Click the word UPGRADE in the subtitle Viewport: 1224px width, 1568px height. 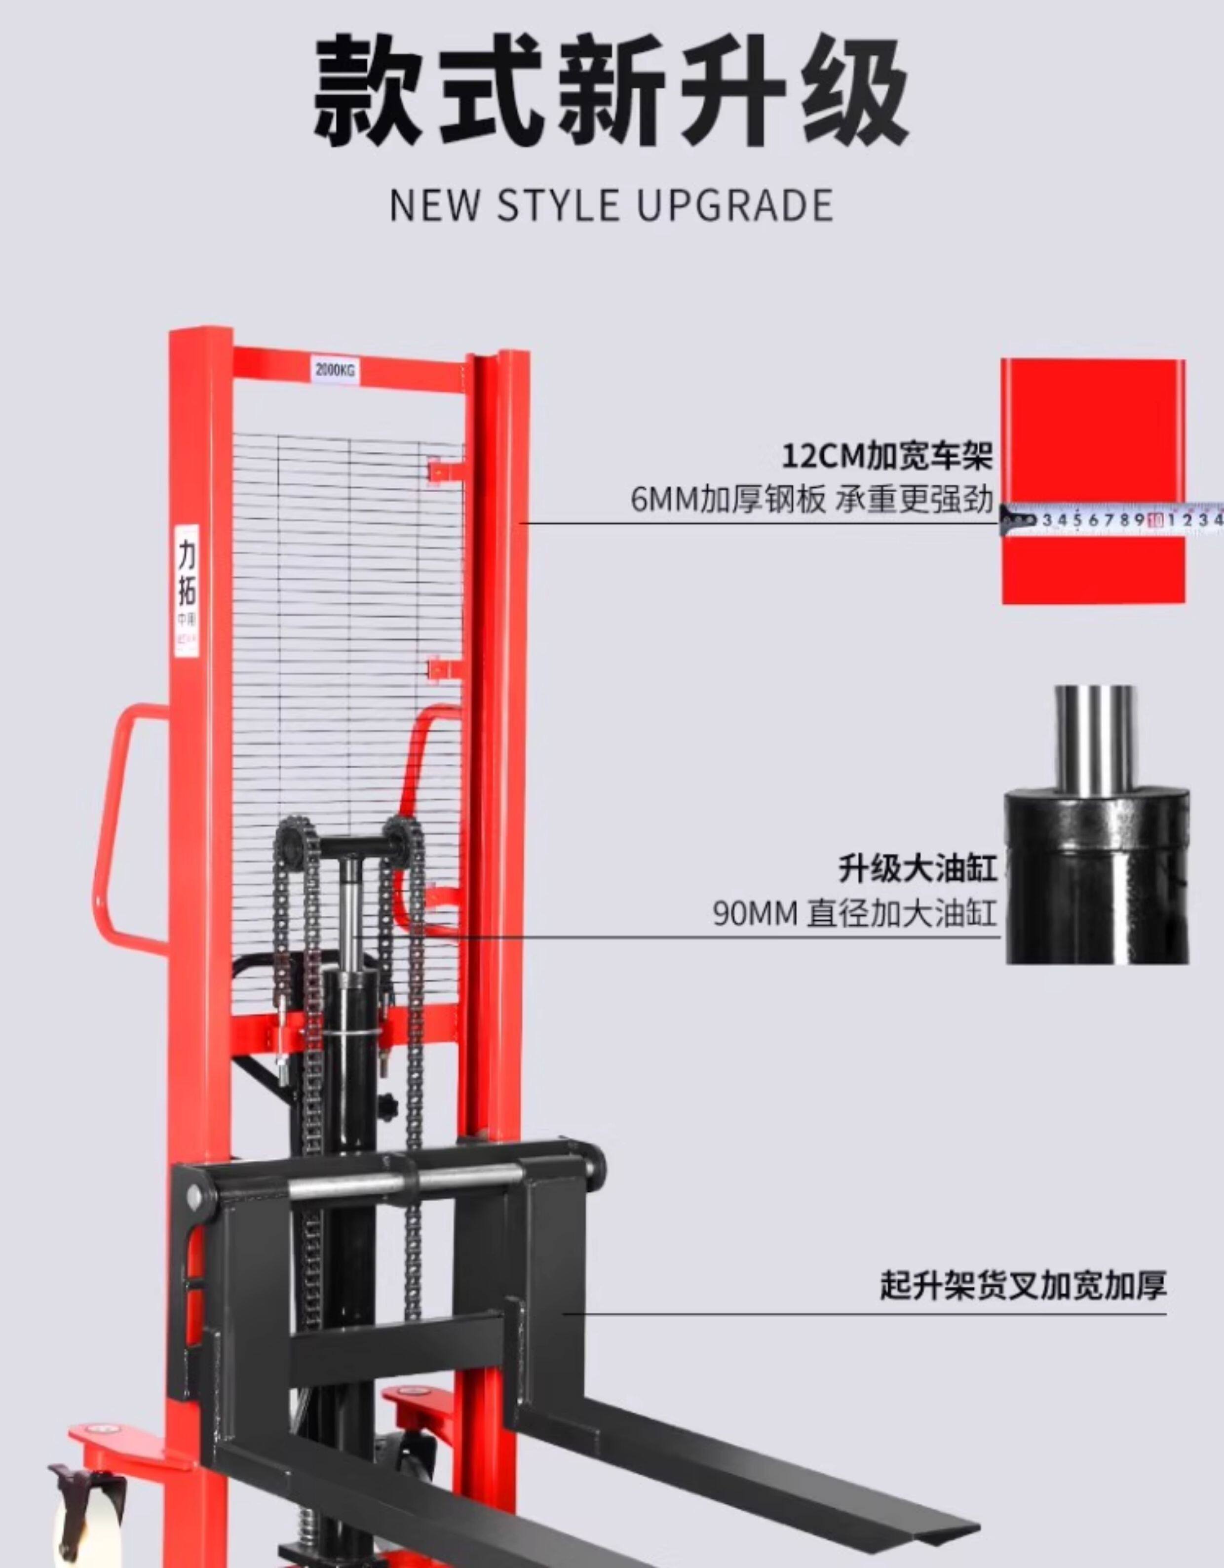coord(734,204)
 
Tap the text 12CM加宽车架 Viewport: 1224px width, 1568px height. coord(886,456)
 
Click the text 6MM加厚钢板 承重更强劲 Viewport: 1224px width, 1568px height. coord(812,499)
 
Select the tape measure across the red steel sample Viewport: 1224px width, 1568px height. coord(1113,519)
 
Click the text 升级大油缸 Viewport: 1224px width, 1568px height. coord(918,868)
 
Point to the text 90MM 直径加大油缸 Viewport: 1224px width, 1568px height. coord(854,914)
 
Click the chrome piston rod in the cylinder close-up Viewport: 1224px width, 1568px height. coord(1095,740)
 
